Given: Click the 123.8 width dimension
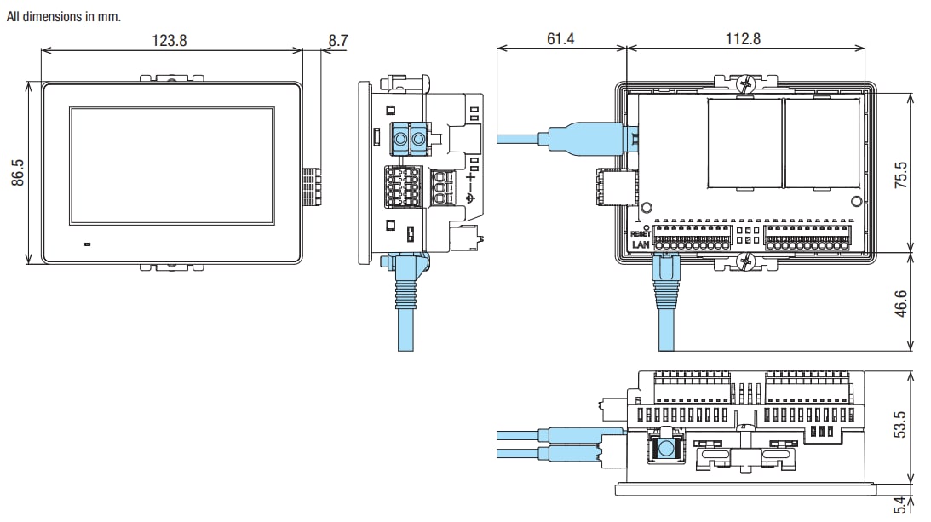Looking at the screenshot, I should pos(170,40).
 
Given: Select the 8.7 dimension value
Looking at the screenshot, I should pos(338,40).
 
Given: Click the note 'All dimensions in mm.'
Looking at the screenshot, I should pos(64,17).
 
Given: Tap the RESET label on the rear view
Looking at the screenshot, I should pos(641,232).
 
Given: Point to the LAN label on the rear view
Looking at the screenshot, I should pos(641,244).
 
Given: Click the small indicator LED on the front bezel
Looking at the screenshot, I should pos(87,244).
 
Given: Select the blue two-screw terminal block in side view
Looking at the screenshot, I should pos(409,137).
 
